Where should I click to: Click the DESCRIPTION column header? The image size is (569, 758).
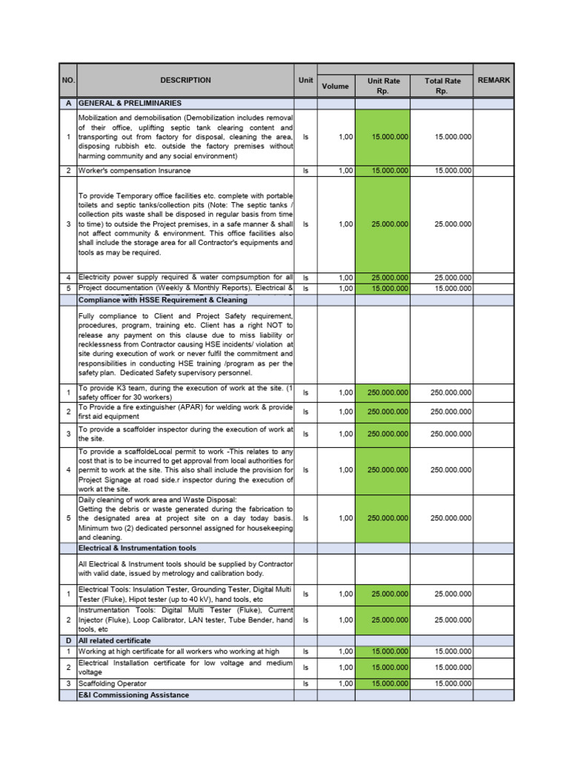pos(185,81)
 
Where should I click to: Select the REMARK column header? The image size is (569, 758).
pos(493,81)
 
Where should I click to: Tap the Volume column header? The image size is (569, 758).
pos(336,86)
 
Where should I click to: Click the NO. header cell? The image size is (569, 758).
pos(67,81)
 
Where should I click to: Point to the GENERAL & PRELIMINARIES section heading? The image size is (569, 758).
pos(130,104)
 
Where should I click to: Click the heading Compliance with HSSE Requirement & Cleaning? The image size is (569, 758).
pos(163,300)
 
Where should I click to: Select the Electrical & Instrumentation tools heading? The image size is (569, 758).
pos(137,548)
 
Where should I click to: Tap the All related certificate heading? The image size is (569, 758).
pos(115,640)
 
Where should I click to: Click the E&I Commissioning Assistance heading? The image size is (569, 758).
pos(134,695)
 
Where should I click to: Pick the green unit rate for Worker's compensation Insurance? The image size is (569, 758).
pos(382,170)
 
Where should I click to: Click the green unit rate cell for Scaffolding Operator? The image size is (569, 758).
pos(382,683)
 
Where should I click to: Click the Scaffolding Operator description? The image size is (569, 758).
pos(113,683)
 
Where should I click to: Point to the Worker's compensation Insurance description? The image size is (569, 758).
pos(134,170)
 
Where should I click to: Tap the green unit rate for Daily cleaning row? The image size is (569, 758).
pos(382,518)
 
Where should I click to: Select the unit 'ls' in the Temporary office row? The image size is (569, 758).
pos(305,224)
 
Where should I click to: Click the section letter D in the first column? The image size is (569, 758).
pos(67,640)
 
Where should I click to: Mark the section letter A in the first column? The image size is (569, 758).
pos(67,104)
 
